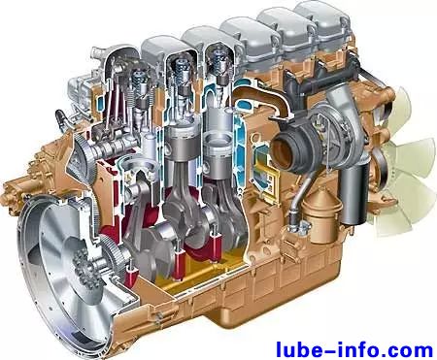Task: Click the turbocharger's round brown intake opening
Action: pyautogui.click(x=283, y=151)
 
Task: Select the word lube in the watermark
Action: pyautogui.click(x=297, y=350)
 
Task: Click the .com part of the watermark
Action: pyautogui.click(x=406, y=350)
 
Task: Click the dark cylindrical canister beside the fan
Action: pyautogui.click(x=353, y=193)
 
